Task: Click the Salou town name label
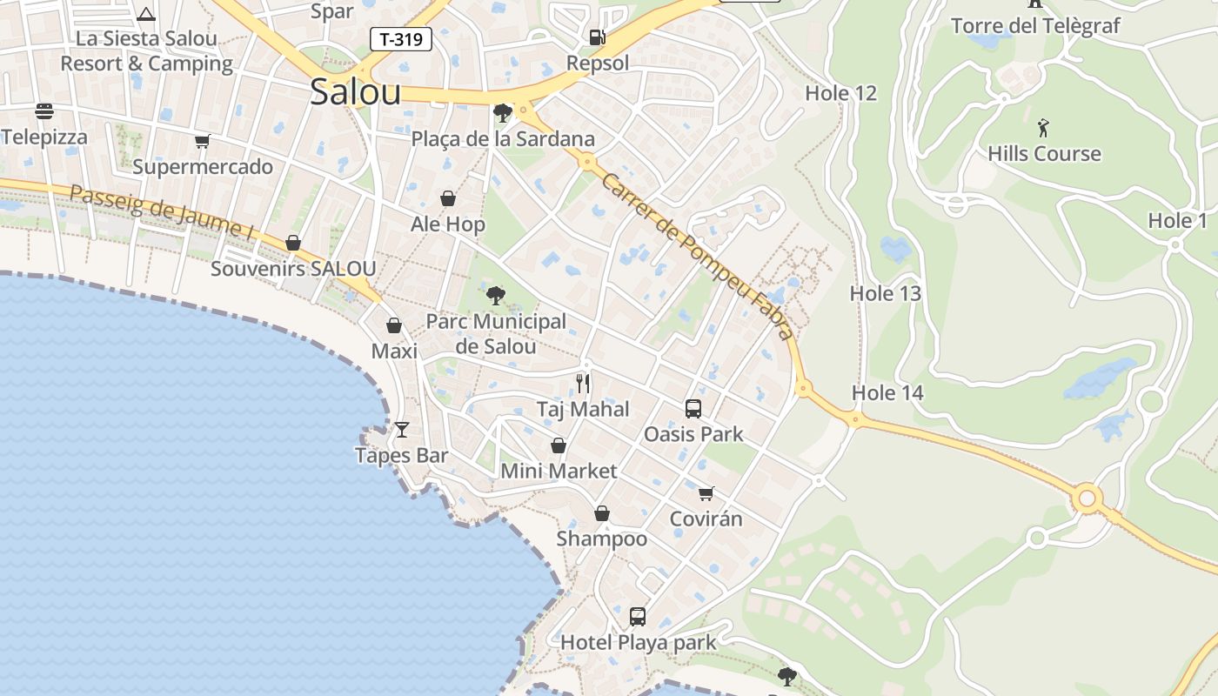(355, 92)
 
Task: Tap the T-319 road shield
(401, 38)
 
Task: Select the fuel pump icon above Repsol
(598, 37)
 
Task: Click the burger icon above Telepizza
(44, 111)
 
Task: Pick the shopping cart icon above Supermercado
(203, 141)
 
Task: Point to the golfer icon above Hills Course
(1043, 128)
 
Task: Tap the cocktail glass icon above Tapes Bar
(402, 429)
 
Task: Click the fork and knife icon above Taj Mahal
(583, 383)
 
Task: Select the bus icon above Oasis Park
(693, 408)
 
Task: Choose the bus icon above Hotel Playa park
(638, 617)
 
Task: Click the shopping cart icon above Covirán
(706, 493)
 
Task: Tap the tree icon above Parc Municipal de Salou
(496, 296)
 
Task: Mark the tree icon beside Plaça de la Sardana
(502, 112)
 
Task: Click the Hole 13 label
(885, 293)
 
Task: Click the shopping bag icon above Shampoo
(602, 513)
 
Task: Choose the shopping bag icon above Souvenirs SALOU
(293, 243)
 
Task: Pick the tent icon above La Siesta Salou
(146, 13)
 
